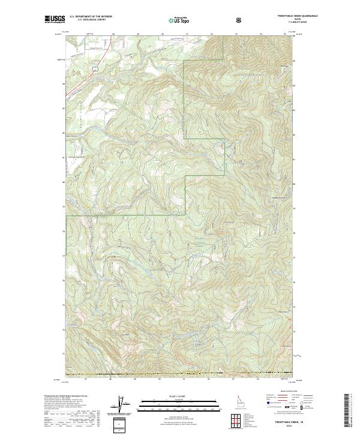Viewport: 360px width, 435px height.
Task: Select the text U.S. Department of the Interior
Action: tap(91, 17)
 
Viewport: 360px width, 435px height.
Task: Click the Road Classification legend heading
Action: tap(283, 391)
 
